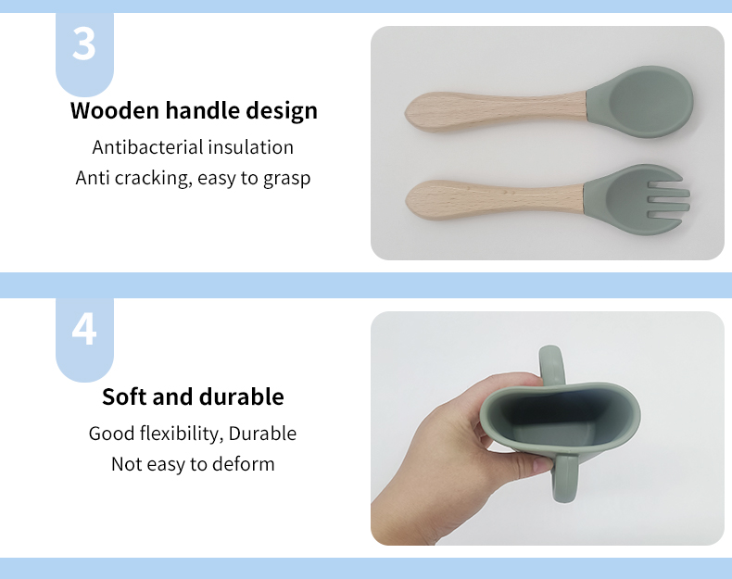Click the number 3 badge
[84, 44]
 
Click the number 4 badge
[84, 330]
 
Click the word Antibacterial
[147, 147]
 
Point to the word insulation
[250, 147]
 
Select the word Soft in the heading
[124, 397]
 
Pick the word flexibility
[179, 434]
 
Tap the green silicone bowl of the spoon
[643, 101]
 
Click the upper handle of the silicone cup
[551, 367]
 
